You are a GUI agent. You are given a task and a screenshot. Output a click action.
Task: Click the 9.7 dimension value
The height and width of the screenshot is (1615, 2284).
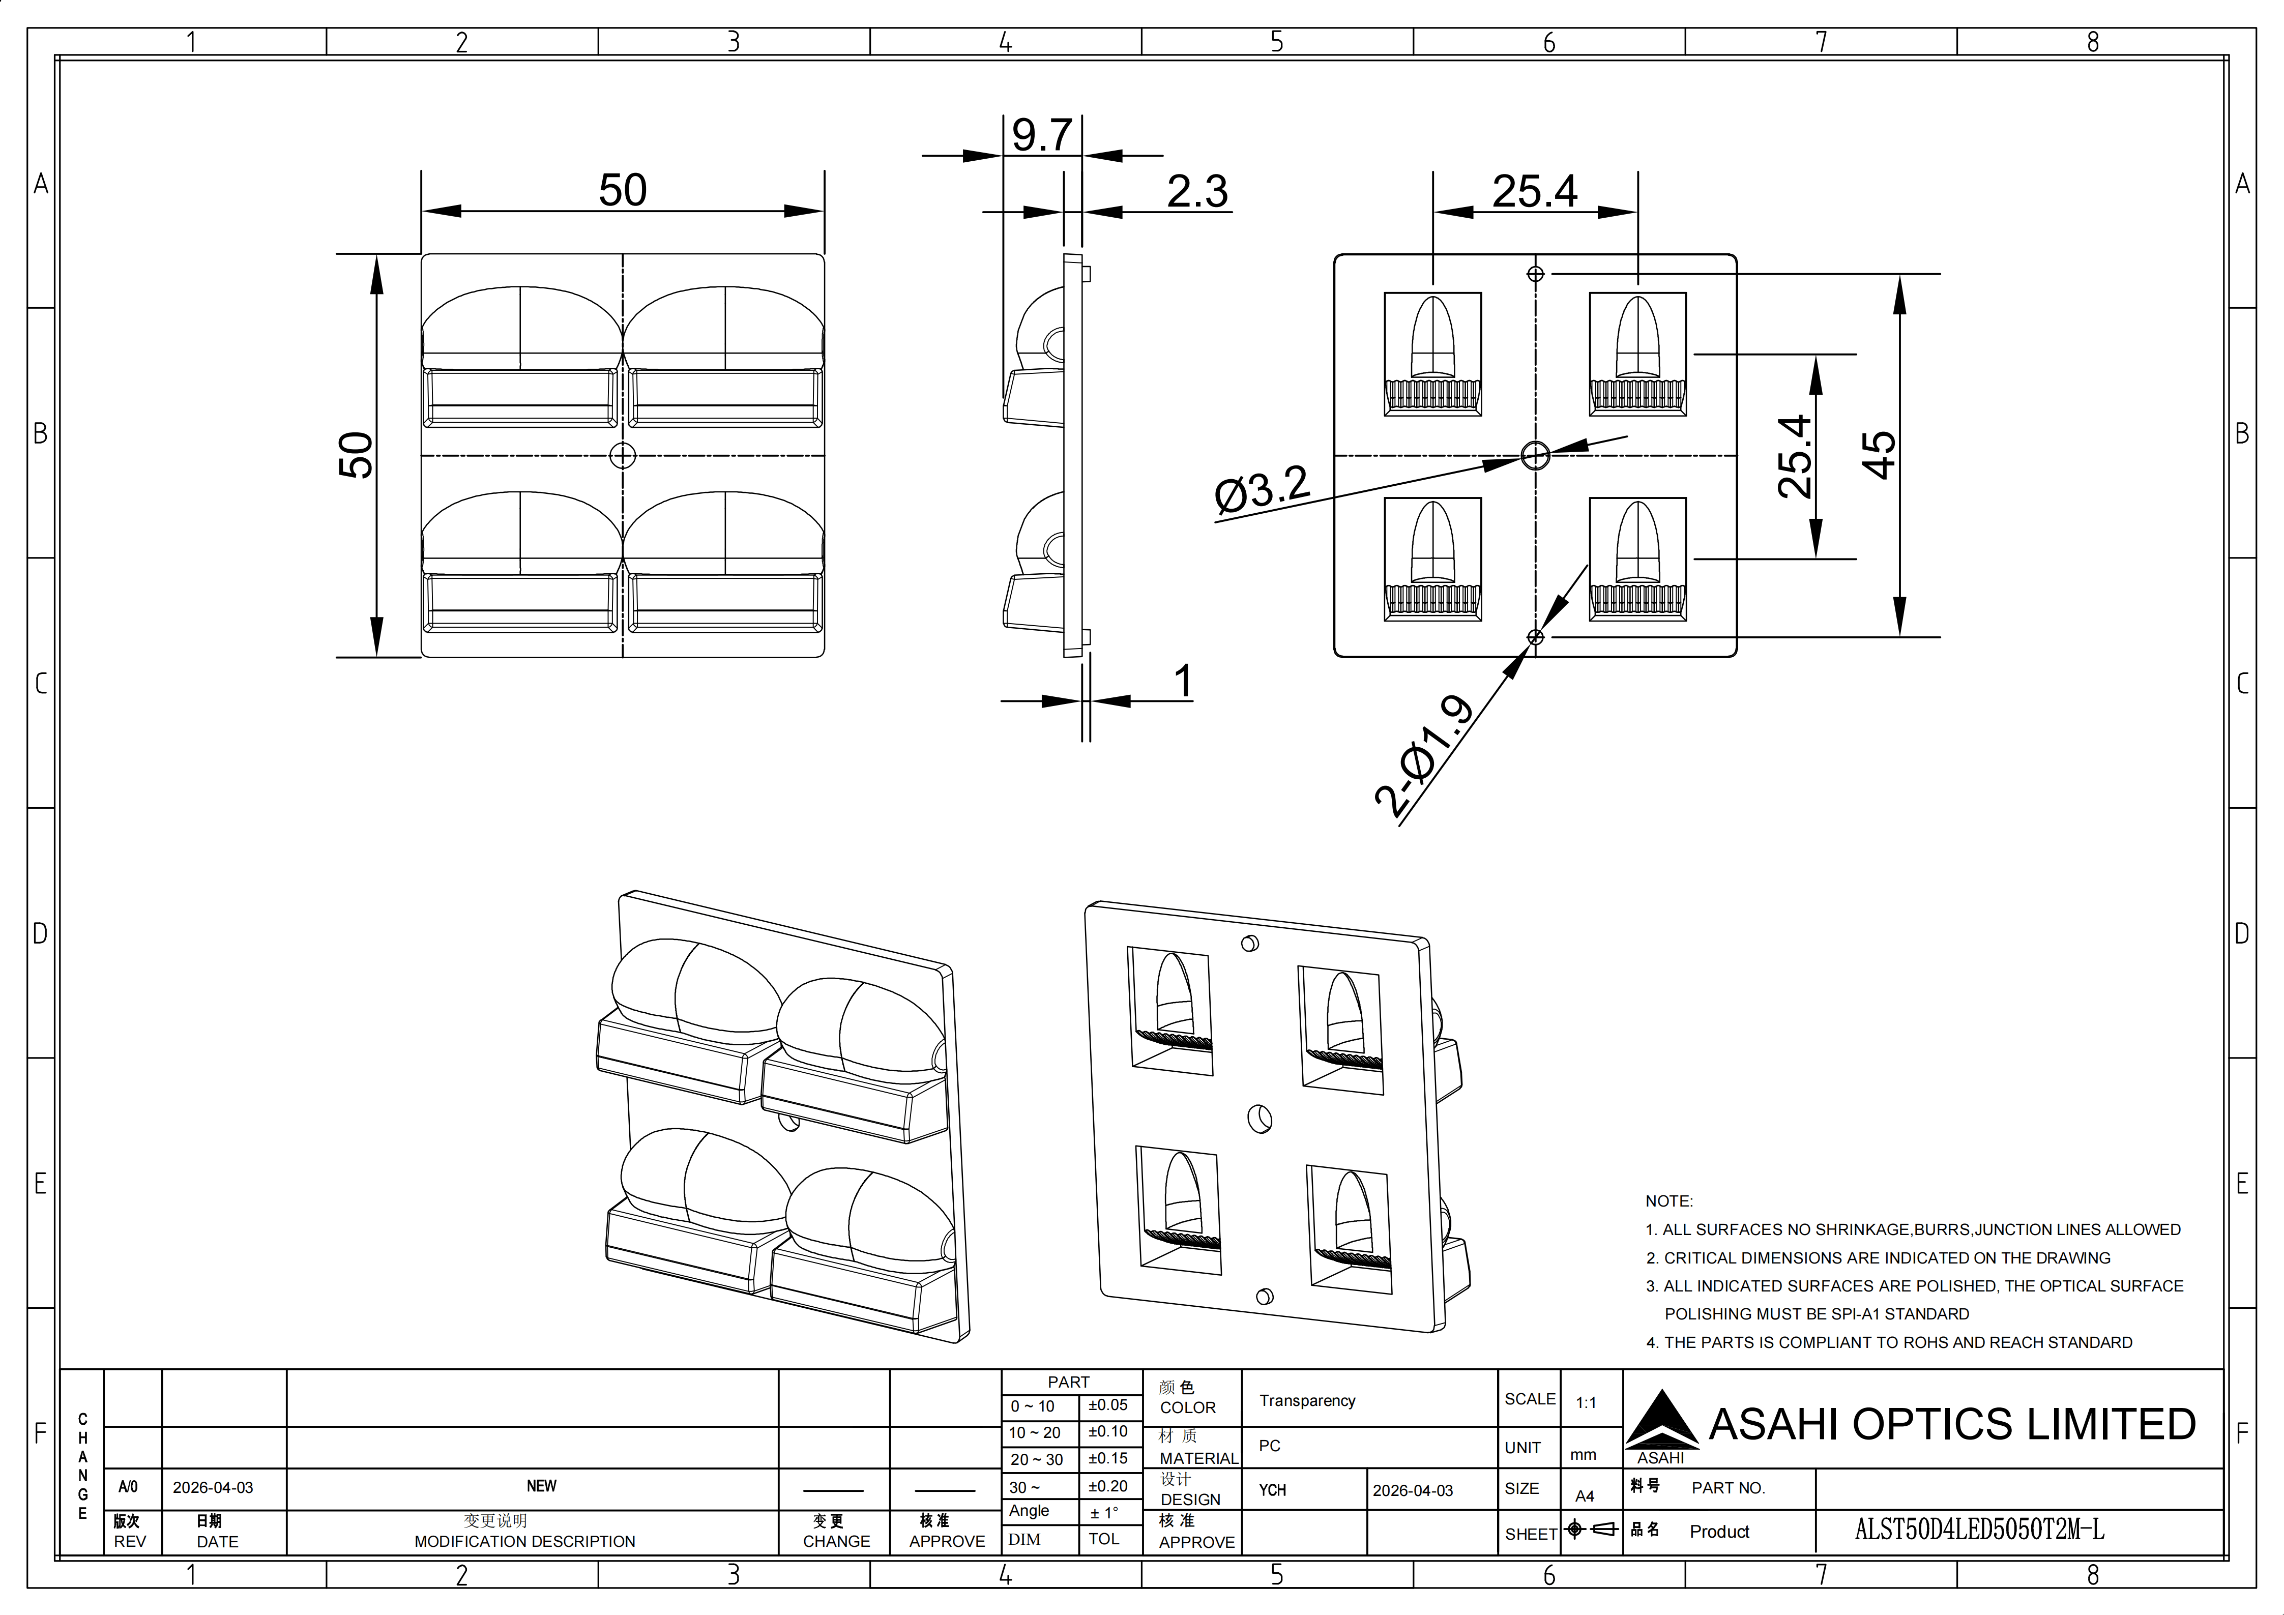click(x=1041, y=135)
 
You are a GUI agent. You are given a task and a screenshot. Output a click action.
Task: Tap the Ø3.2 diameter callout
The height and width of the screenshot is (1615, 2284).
click(x=1262, y=490)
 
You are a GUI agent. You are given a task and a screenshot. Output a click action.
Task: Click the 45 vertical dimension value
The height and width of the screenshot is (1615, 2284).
click(x=1878, y=455)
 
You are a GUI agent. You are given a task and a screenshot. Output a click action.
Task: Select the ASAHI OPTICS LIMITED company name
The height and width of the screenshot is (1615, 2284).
click(x=1952, y=1424)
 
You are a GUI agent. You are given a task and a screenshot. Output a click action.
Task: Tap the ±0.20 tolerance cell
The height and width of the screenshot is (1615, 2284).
click(x=1107, y=1486)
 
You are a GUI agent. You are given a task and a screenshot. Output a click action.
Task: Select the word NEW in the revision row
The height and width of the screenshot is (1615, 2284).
click(x=541, y=1486)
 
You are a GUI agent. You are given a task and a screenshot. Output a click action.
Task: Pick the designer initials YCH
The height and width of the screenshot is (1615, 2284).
click(x=1272, y=1490)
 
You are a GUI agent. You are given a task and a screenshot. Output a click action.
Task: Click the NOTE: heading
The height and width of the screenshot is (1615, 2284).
click(x=1668, y=1201)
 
